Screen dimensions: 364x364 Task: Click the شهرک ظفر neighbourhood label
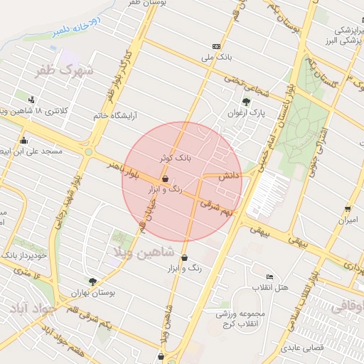click(67, 71)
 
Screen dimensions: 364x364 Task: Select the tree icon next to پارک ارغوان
click(247, 101)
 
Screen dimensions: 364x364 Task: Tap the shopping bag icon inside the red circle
click(166, 179)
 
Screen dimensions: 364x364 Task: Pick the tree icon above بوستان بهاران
click(92, 282)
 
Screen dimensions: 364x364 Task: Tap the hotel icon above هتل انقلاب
click(269, 277)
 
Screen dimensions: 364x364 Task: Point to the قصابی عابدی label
click(301, 349)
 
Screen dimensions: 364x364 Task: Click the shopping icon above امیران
click(347, 209)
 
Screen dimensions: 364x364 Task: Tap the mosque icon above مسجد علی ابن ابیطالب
click(24, 141)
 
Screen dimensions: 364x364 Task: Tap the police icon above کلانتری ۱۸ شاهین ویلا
click(32, 100)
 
